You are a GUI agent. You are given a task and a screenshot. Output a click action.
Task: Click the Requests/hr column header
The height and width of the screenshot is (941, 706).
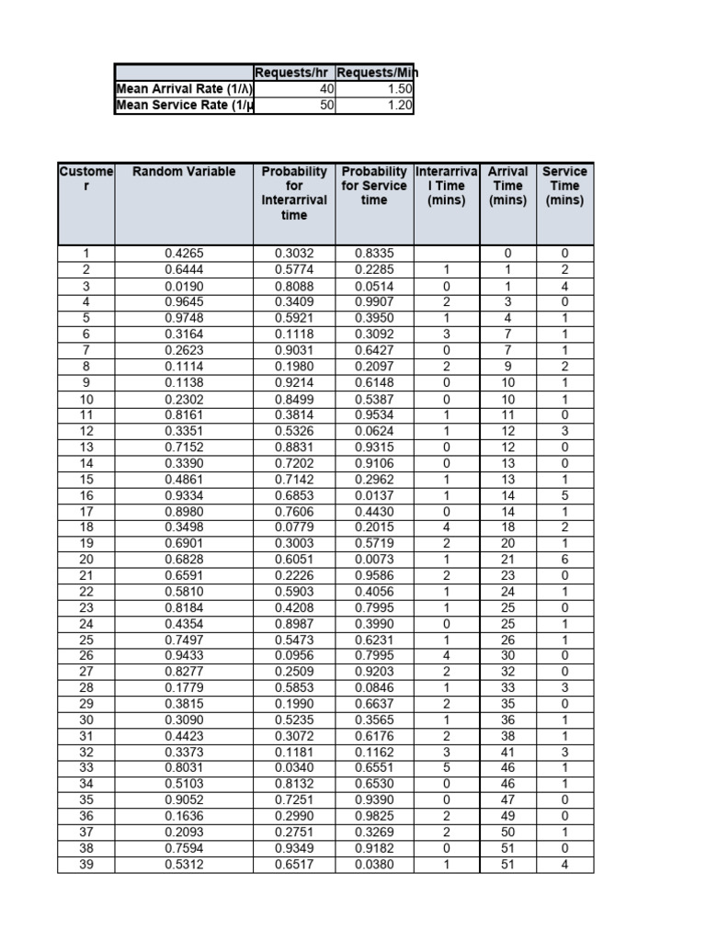pyautogui.click(x=294, y=74)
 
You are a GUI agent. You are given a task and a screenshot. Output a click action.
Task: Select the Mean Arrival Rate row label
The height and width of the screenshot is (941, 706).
pyautogui.click(x=184, y=89)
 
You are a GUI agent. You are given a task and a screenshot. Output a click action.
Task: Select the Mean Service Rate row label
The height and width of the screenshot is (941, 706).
pyautogui.click(x=184, y=106)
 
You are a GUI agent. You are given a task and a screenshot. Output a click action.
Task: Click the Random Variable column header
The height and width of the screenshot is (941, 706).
pyautogui.click(x=184, y=172)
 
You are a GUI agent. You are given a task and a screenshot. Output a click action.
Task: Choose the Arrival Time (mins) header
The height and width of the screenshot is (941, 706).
pyautogui.click(x=507, y=186)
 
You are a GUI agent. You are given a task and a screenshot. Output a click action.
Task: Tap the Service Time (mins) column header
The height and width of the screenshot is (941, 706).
pyautogui.click(x=564, y=186)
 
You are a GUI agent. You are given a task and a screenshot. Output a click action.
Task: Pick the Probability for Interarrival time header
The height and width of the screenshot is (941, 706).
pyautogui.click(x=294, y=193)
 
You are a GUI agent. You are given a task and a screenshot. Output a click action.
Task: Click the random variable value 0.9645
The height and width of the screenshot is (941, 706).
pyautogui.click(x=184, y=300)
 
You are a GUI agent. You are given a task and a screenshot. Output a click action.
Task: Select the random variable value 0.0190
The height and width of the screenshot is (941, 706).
pyautogui.click(x=184, y=286)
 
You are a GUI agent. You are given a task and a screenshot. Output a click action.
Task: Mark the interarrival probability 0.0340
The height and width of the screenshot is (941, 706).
pyautogui.click(x=294, y=767)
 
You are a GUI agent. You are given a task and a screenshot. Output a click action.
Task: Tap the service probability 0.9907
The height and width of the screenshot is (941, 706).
pyautogui.click(x=374, y=300)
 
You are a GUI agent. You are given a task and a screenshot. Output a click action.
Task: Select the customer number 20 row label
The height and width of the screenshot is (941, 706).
pyautogui.click(x=86, y=559)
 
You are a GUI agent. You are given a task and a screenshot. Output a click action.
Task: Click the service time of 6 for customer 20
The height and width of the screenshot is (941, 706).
pyautogui.click(x=564, y=559)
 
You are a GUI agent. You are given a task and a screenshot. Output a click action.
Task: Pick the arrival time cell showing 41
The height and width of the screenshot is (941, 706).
pyautogui.click(x=507, y=753)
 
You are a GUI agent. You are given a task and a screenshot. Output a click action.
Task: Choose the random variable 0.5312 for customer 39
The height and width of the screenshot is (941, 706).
pyautogui.click(x=184, y=866)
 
